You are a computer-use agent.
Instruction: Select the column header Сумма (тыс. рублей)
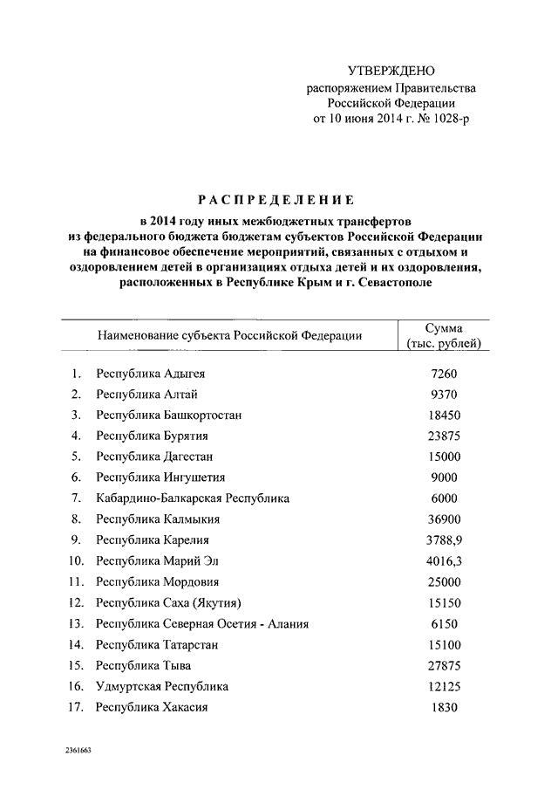tap(443, 335)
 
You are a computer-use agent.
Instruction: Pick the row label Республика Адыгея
tap(151, 374)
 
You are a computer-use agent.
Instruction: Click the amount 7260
tap(444, 374)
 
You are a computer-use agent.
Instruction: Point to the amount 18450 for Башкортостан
tap(444, 416)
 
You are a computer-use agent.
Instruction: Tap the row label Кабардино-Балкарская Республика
tap(193, 498)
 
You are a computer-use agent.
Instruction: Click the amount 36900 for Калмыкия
tap(444, 519)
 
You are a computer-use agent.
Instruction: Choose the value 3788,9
tap(444, 540)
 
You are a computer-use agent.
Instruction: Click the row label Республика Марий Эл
tap(158, 561)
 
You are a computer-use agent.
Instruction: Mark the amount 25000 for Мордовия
tap(444, 581)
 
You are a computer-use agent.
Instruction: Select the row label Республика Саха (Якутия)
tap(168, 603)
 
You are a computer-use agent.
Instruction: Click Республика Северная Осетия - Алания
tap(202, 624)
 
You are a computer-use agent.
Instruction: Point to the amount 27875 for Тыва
tap(444, 666)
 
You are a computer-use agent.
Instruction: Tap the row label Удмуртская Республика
tap(162, 687)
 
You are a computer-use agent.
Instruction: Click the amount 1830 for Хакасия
tap(444, 708)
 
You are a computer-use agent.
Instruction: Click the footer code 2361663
tap(77, 751)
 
